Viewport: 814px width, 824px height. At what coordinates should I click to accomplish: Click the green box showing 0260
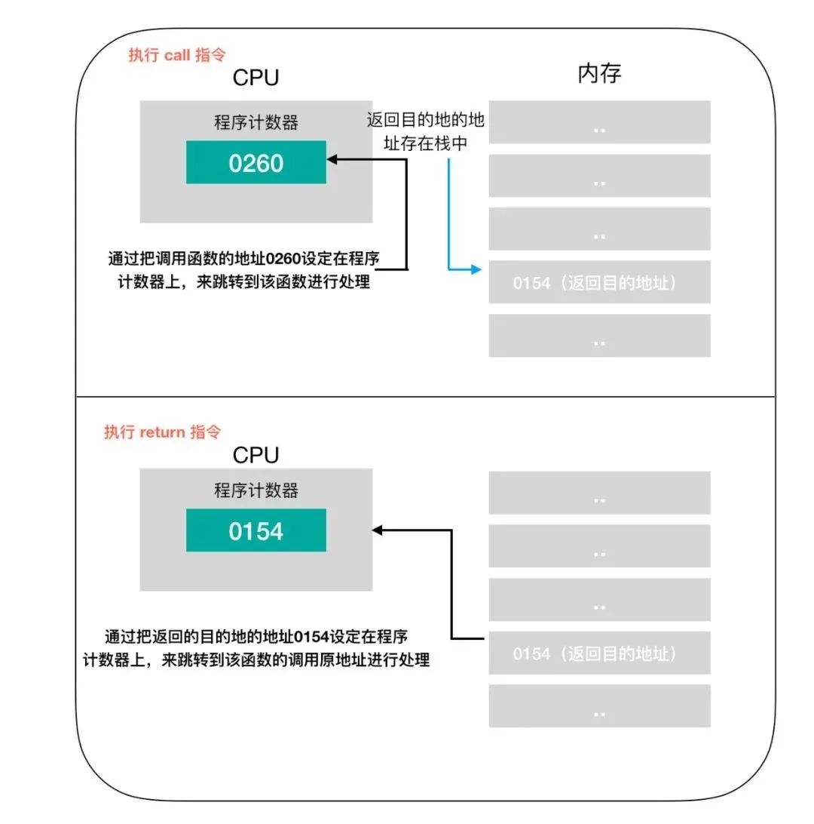[x=256, y=162]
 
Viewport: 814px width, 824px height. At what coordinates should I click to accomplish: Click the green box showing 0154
[x=256, y=530]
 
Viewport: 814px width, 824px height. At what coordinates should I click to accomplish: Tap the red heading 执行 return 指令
[x=162, y=432]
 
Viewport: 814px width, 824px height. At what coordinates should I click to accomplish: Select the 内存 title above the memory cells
[x=599, y=74]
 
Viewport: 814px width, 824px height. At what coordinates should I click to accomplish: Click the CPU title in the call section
[x=256, y=78]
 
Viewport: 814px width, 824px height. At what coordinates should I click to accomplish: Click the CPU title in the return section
[x=256, y=455]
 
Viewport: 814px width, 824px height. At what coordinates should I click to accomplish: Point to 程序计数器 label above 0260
[x=256, y=123]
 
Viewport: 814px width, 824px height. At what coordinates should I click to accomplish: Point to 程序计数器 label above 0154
[x=256, y=491]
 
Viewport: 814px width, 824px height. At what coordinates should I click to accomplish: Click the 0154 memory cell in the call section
[x=599, y=283]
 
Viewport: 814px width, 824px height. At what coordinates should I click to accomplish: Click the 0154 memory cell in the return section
[x=599, y=653]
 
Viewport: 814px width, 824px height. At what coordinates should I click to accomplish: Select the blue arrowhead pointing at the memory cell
[x=476, y=268]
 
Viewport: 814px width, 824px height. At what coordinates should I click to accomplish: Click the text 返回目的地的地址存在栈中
[x=425, y=131]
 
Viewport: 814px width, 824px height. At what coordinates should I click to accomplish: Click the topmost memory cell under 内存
[x=599, y=122]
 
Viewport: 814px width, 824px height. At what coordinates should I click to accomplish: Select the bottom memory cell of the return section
[x=599, y=706]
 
